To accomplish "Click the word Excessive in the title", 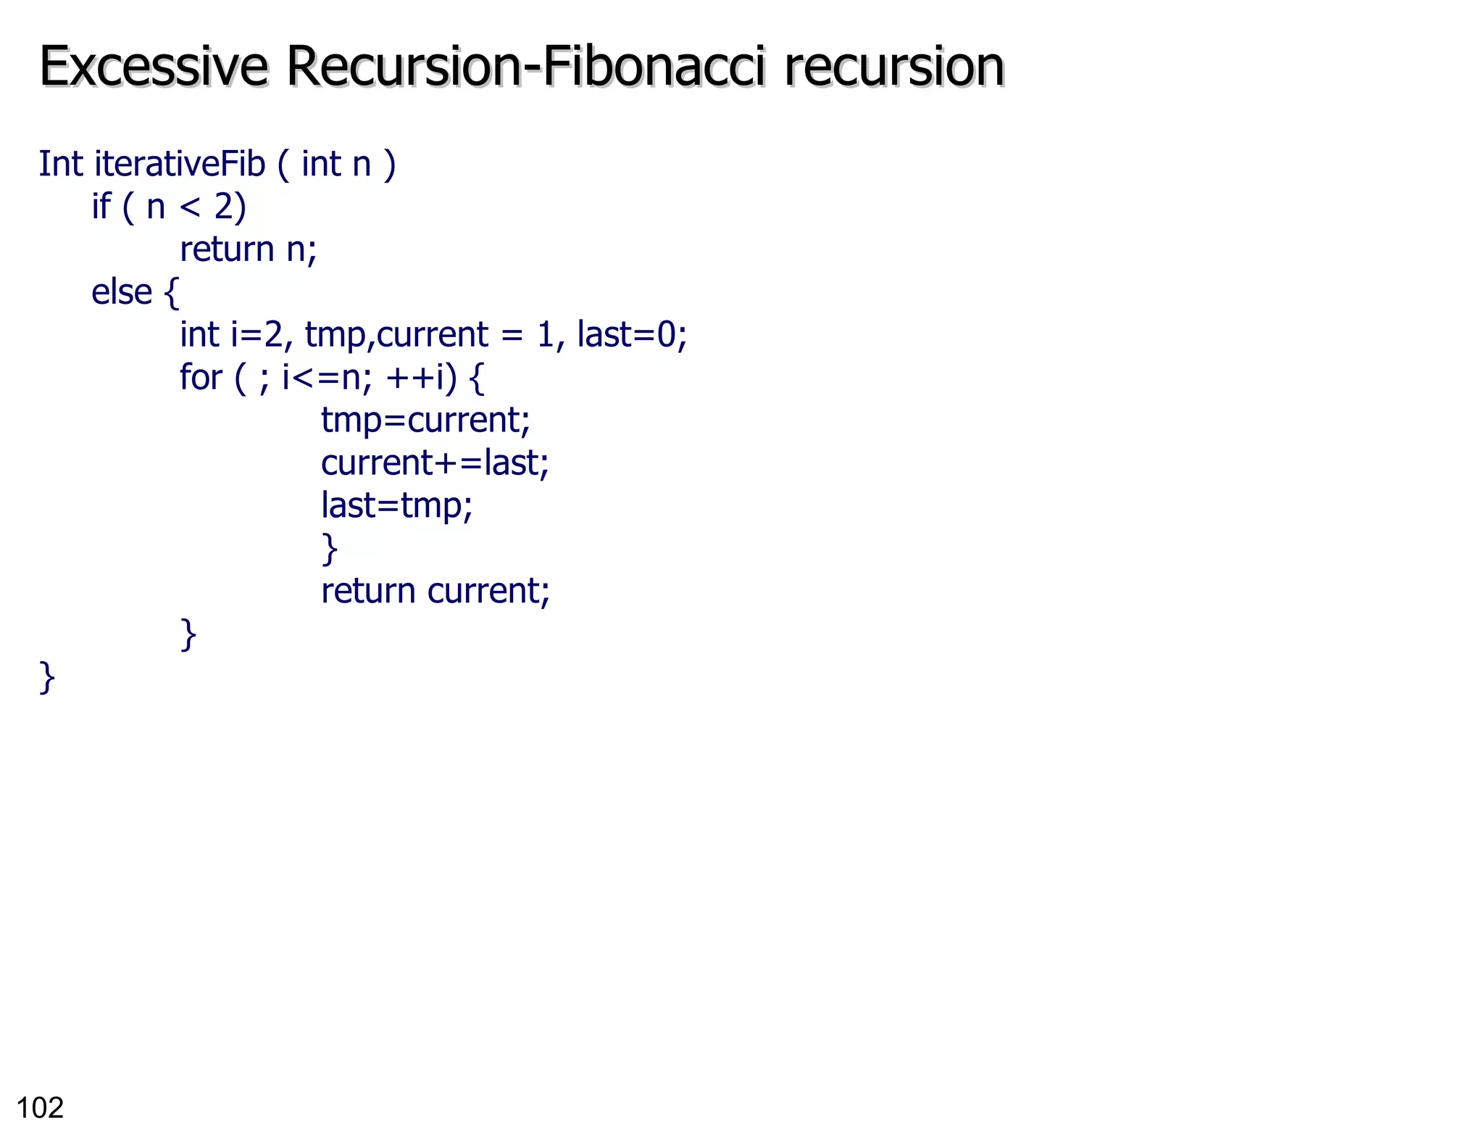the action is (x=153, y=67).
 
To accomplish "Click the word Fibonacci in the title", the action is (x=654, y=67).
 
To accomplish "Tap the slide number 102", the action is (x=40, y=1108).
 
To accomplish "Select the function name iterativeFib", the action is (x=180, y=164).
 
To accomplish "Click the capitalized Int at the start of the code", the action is (x=60, y=164).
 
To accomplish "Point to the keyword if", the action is (x=101, y=207).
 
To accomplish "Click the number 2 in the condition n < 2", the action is (x=223, y=207).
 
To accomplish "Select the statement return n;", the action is (x=248, y=250).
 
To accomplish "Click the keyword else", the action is (x=121, y=292).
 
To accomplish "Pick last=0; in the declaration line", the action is (x=631, y=335).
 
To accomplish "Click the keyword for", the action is (x=201, y=378).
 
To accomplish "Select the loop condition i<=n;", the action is (x=327, y=378).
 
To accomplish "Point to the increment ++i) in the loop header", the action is (x=421, y=378).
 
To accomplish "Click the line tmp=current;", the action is (x=425, y=420).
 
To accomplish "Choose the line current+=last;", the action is (x=435, y=463).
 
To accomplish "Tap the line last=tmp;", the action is (x=396, y=505).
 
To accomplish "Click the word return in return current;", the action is (x=368, y=592).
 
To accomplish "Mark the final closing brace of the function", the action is (x=47, y=678).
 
